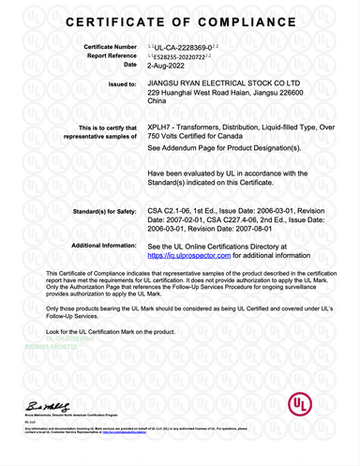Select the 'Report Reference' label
pyautogui.click(x=110, y=55)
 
